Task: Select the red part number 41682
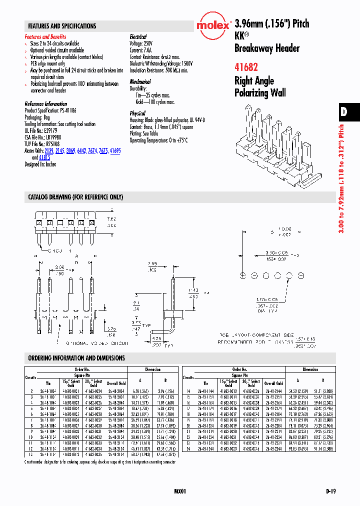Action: [x=246, y=67]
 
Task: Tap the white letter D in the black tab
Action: [x=344, y=112]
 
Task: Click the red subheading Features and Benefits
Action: [x=45, y=37]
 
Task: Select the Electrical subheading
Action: [x=138, y=37]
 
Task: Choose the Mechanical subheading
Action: [x=140, y=81]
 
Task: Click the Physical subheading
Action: [x=137, y=113]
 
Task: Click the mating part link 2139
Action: [x=49, y=150]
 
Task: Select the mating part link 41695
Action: [x=115, y=150]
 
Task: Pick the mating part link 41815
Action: [x=44, y=157]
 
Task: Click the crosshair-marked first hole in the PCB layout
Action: [x=242, y=275]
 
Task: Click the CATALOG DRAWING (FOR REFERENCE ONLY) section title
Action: [x=75, y=197]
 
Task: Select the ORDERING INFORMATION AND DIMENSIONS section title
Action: [x=76, y=358]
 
